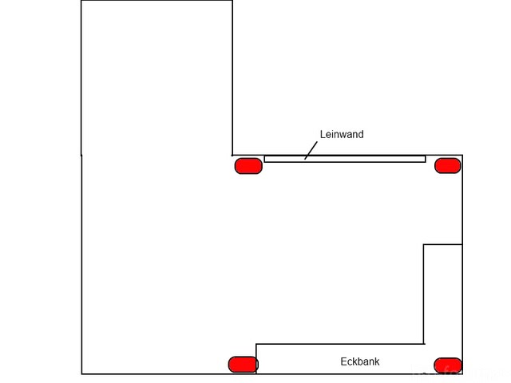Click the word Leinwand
[342, 134]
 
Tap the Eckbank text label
[359, 361]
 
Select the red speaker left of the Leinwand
[248, 166]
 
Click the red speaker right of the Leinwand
[447, 165]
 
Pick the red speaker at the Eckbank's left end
[243, 365]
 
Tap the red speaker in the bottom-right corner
[447, 365]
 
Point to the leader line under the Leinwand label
[311, 151]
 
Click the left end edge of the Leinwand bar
[265, 159]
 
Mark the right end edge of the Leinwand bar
[425, 159]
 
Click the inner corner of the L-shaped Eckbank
[423, 344]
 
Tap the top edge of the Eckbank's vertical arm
[442, 244]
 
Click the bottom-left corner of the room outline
[81, 373]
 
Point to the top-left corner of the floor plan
[81, 1]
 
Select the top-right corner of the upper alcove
[232, 1]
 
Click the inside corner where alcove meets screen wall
[232, 155]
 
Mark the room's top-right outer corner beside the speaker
[462, 156]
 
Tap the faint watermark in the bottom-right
[463, 371]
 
